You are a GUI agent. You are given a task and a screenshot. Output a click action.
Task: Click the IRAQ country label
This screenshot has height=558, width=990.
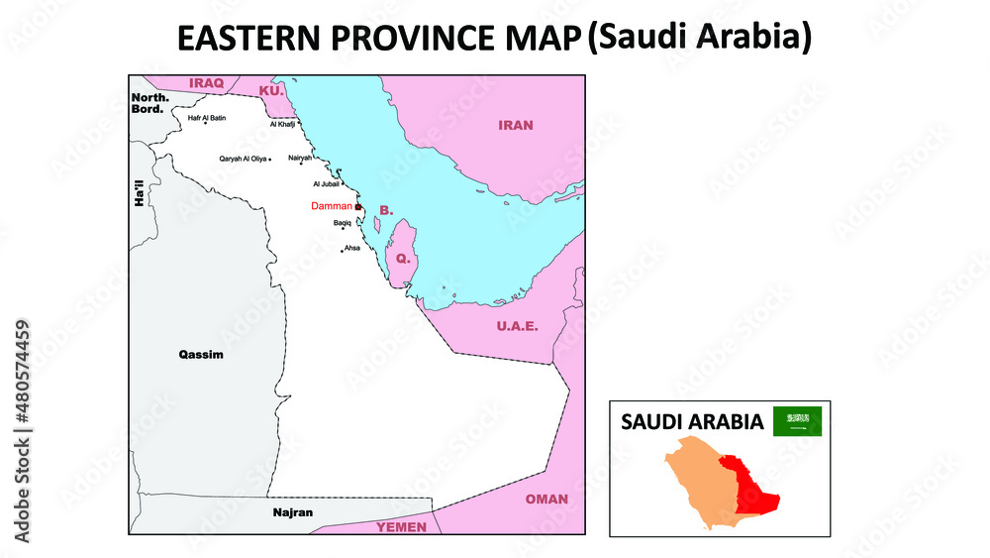pos(207,83)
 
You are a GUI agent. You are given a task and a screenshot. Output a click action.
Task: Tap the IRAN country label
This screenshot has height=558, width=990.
pos(516,126)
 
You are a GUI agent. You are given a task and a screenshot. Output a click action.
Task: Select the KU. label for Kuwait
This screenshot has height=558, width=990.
pos(270,91)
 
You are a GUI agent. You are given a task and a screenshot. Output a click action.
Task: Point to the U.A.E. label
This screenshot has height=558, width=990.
pos(517,326)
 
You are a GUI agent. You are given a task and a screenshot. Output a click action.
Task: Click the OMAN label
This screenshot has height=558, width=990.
pos(546,499)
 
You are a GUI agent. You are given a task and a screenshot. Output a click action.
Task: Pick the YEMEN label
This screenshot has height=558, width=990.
pos(401,526)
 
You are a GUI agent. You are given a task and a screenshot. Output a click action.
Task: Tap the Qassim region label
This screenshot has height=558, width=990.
pos(200,354)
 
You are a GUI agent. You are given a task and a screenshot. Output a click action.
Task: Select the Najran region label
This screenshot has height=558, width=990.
pos(292,512)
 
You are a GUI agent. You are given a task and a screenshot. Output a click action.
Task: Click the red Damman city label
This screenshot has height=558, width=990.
pos(331,206)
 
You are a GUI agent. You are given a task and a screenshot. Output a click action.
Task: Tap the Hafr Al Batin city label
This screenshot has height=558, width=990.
pos(207,118)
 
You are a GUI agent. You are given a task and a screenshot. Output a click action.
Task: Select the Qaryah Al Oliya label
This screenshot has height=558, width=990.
pos(243,159)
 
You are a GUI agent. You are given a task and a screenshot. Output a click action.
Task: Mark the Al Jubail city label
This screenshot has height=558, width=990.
pos(326,184)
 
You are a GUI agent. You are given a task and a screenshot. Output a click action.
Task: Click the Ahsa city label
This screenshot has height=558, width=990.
pos(351,247)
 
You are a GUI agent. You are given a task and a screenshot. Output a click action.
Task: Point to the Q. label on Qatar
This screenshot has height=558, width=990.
pos(402,258)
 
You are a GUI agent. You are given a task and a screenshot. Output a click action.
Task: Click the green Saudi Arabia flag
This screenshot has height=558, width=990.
pos(797,421)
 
